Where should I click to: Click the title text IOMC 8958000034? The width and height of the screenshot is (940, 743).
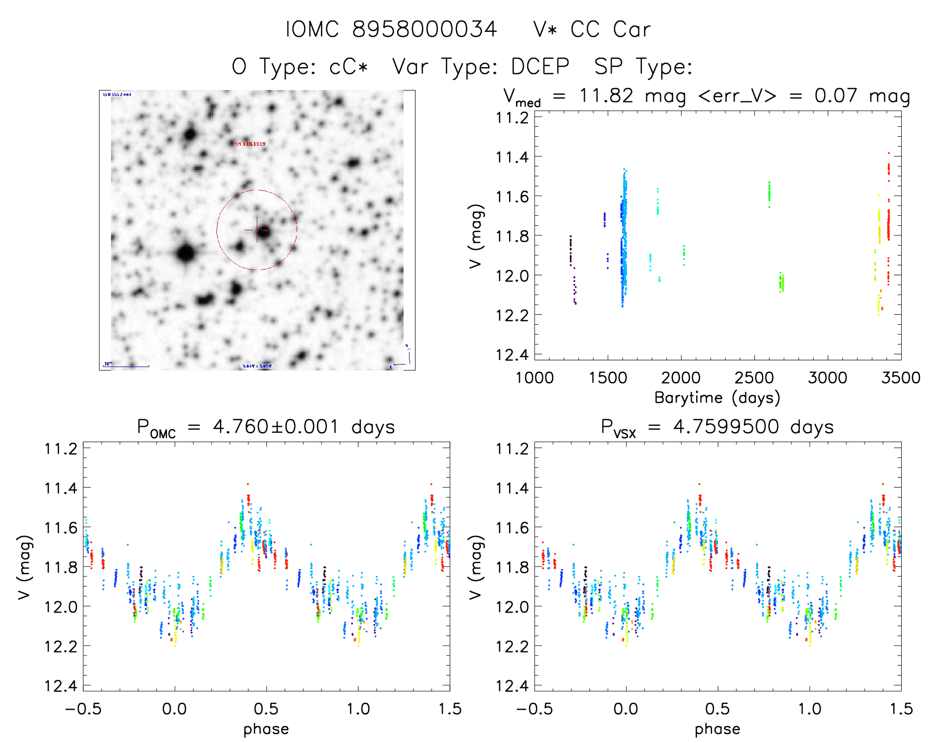pos(391,29)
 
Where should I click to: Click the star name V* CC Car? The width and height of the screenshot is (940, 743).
pos(591,29)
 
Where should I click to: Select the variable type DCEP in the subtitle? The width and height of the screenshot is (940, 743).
pos(540,67)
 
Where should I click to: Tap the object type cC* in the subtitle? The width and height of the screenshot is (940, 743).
pos(348,67)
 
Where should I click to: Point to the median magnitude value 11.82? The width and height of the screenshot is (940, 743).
pos(606,95)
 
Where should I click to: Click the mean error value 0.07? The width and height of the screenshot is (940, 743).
pos(836,95)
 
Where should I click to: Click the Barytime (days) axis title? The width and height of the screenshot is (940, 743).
pos(717,397)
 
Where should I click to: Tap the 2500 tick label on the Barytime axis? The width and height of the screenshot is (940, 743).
pos(754,377)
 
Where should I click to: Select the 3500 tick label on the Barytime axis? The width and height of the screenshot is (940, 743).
pos(901,377)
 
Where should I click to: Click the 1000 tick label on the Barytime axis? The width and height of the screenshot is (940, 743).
pos(534,377)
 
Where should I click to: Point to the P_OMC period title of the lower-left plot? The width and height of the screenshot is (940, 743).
pos(266,427)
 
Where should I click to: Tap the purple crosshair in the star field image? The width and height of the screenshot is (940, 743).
pos(257,230)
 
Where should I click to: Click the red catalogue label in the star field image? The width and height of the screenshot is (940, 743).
pos(250,144)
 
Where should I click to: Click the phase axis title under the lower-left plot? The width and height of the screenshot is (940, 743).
pos(266,729)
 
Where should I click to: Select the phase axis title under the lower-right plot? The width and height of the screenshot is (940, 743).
pos(717,729)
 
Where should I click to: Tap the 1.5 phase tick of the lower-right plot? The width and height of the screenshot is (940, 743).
pos(901,709)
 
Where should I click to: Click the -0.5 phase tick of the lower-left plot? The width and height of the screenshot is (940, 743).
pos(83,709)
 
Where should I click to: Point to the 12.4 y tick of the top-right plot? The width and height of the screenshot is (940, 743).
pos(512,355)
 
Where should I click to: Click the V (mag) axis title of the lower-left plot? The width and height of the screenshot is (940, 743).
pos(25,567)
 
